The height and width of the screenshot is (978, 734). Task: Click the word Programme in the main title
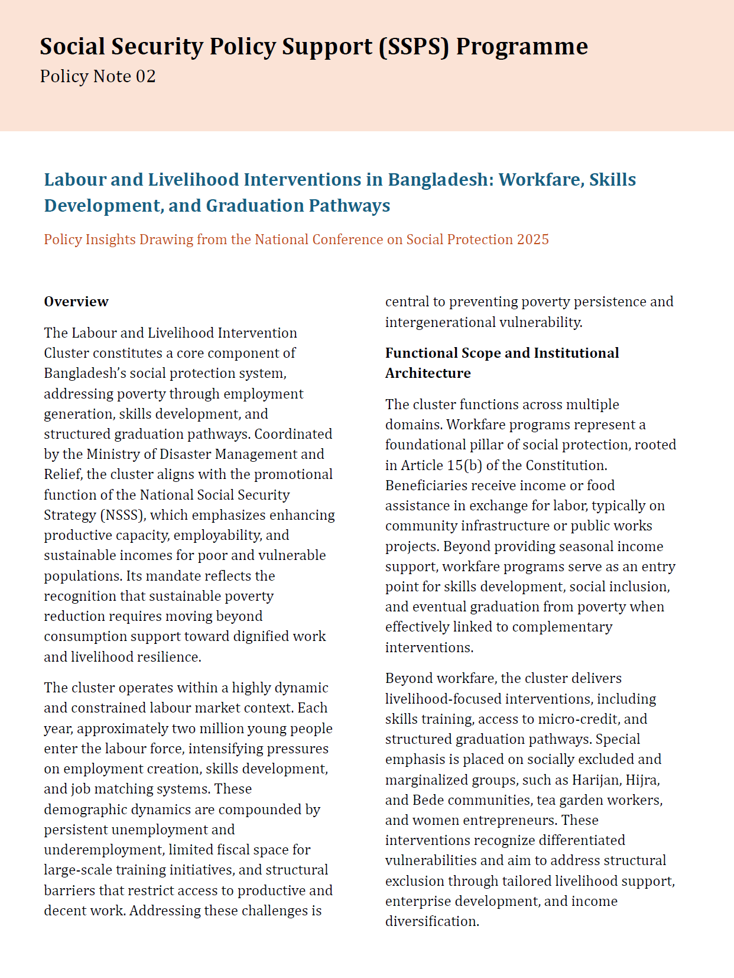[522, 47]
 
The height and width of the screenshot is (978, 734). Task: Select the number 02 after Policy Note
[145, 77]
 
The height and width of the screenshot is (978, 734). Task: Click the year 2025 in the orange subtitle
[532, 239]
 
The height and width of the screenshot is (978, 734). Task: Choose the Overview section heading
[76, 302]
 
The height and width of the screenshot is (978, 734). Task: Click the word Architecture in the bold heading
[428, 373]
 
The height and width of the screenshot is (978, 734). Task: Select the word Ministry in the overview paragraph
[113, 454]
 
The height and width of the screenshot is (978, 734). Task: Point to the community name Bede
[428, 800]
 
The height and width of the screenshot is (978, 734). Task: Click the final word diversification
[431, 921]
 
